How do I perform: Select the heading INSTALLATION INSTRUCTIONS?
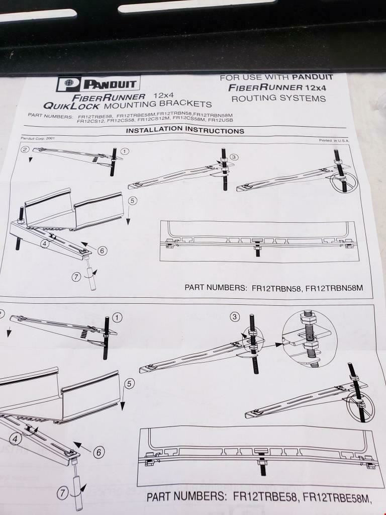pos(184,130)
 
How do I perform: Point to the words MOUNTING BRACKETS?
pos(157,104)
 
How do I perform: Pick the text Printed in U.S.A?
pos(334,140)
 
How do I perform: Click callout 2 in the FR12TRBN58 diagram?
pos(25,149)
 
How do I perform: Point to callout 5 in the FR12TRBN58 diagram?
pos(132,200)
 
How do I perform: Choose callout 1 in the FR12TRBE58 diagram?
pos(117,317)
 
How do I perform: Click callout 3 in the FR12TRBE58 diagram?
pos(234,316)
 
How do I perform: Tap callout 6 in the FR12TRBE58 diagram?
pos(99,452)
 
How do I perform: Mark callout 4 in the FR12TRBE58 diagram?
pos(16,439)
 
